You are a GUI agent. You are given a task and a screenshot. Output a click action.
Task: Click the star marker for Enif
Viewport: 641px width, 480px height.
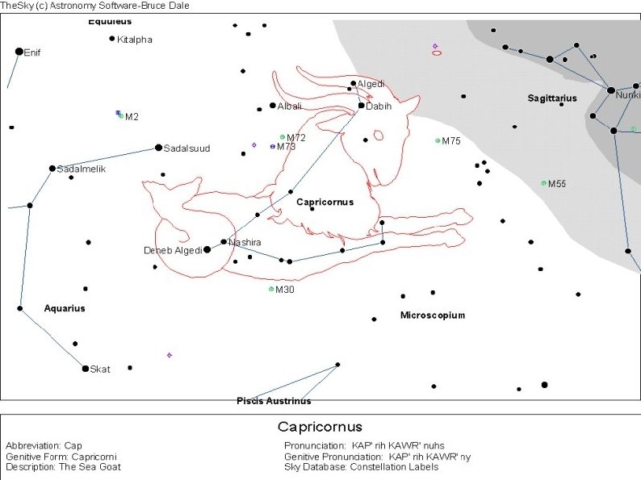pos(19,52)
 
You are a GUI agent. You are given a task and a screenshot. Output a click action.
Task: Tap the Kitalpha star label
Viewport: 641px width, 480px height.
pos(134,40)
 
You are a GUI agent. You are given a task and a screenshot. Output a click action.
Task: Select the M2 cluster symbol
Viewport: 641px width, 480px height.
pos(120,116)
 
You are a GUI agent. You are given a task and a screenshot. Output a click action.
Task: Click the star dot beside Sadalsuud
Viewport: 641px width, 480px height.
pos(158,148)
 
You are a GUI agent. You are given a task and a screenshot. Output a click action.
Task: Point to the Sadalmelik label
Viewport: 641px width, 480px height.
pos(82,169)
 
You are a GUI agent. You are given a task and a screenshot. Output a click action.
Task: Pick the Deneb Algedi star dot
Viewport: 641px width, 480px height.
pos(207,249)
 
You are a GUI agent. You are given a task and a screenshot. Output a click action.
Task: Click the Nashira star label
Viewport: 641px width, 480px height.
pos(245,242)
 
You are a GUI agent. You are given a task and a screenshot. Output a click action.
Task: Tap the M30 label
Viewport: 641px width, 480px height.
pos(285,290)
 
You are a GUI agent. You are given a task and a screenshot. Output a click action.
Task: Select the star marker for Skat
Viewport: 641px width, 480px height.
pos(86,369)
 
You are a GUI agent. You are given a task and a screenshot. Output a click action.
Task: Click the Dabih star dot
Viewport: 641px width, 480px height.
pos(361,105)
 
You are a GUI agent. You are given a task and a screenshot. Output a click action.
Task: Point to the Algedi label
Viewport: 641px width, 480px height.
pos(371,84)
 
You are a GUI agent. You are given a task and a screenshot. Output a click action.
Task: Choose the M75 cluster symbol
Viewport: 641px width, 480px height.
pos(438,140)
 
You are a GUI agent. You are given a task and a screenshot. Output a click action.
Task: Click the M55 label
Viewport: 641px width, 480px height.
pos(557,184)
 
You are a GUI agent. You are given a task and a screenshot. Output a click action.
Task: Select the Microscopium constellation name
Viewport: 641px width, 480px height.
pos(433,315)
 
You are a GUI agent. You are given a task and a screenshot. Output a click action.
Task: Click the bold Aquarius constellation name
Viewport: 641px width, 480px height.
pos(65,308)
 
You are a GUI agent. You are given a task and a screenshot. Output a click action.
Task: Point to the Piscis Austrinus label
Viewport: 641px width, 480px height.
pos(274,401)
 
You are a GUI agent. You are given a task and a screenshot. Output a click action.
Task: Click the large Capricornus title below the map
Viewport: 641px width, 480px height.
pos(320,427)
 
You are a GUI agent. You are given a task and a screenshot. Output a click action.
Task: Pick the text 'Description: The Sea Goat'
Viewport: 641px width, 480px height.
pos(63,467)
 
